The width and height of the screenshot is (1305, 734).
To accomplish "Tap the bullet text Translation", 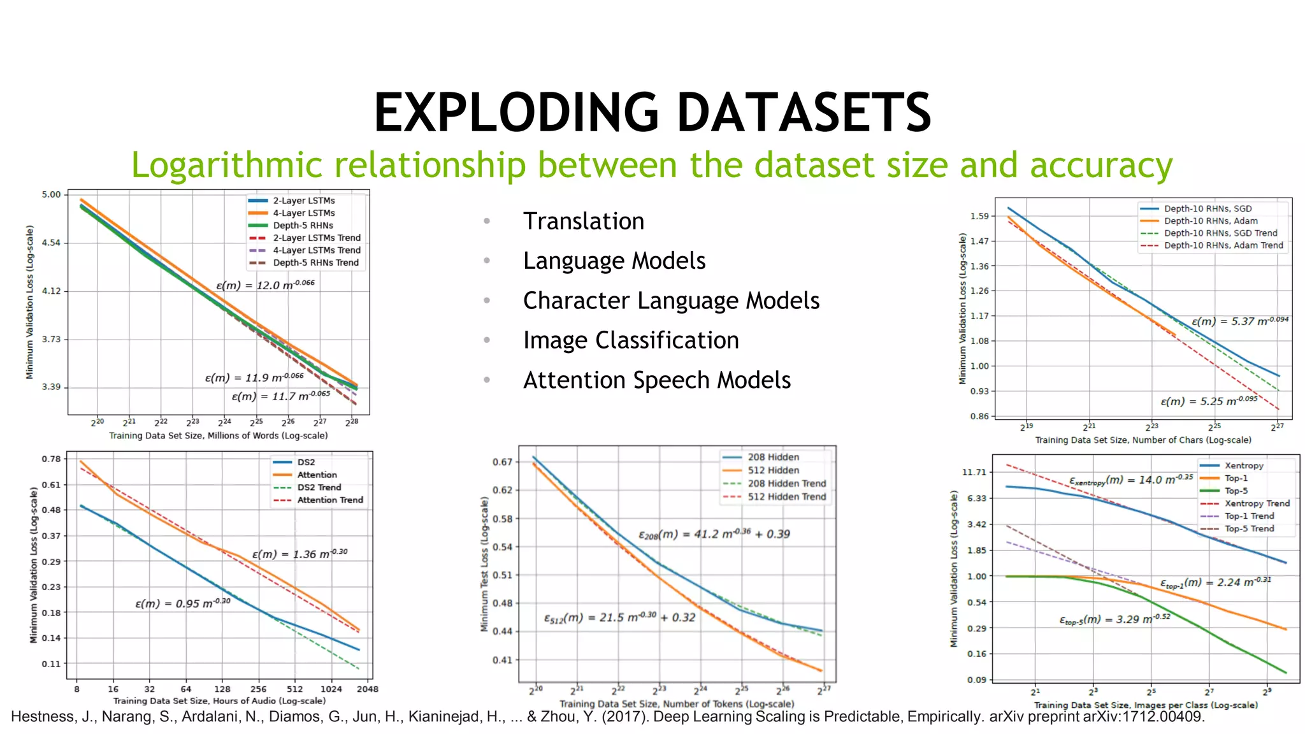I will (x=583, y=221).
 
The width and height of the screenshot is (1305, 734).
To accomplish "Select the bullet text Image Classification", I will (x=630, y=340).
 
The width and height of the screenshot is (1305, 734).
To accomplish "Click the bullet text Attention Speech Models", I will (x=656, y=380).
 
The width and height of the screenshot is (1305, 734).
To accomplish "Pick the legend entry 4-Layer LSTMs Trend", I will (x=316, y=250).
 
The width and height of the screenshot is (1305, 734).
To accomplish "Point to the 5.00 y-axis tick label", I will (x=51, y=194).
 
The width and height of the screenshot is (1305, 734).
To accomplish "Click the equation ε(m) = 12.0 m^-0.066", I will (x=265, y=285).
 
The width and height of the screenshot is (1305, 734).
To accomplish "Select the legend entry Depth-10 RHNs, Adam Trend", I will (x=1223, y=245).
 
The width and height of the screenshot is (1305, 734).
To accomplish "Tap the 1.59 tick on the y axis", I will (x=979, y=216).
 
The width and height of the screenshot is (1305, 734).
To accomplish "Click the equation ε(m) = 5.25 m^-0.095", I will (x=1208, y=401).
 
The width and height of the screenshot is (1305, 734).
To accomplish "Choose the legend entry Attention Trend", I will (x=329, y=500).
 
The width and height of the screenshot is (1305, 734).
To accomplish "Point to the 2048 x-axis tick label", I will (x=367, y=689).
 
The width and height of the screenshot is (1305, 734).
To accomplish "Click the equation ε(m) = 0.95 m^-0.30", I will (x=182, y=603).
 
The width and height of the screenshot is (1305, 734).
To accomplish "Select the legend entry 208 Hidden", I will (x=773, y=457).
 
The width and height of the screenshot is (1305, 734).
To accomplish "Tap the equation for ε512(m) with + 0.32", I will (x=619, y=617).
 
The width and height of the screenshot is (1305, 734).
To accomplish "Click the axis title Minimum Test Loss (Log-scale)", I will (x=484, y=564).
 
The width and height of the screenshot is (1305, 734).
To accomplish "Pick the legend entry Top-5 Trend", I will (x=1249, y=529).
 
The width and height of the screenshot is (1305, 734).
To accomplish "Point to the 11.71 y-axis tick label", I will (x=973, y=472).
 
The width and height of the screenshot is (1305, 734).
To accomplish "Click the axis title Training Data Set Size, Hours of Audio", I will (x=219, y=700).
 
